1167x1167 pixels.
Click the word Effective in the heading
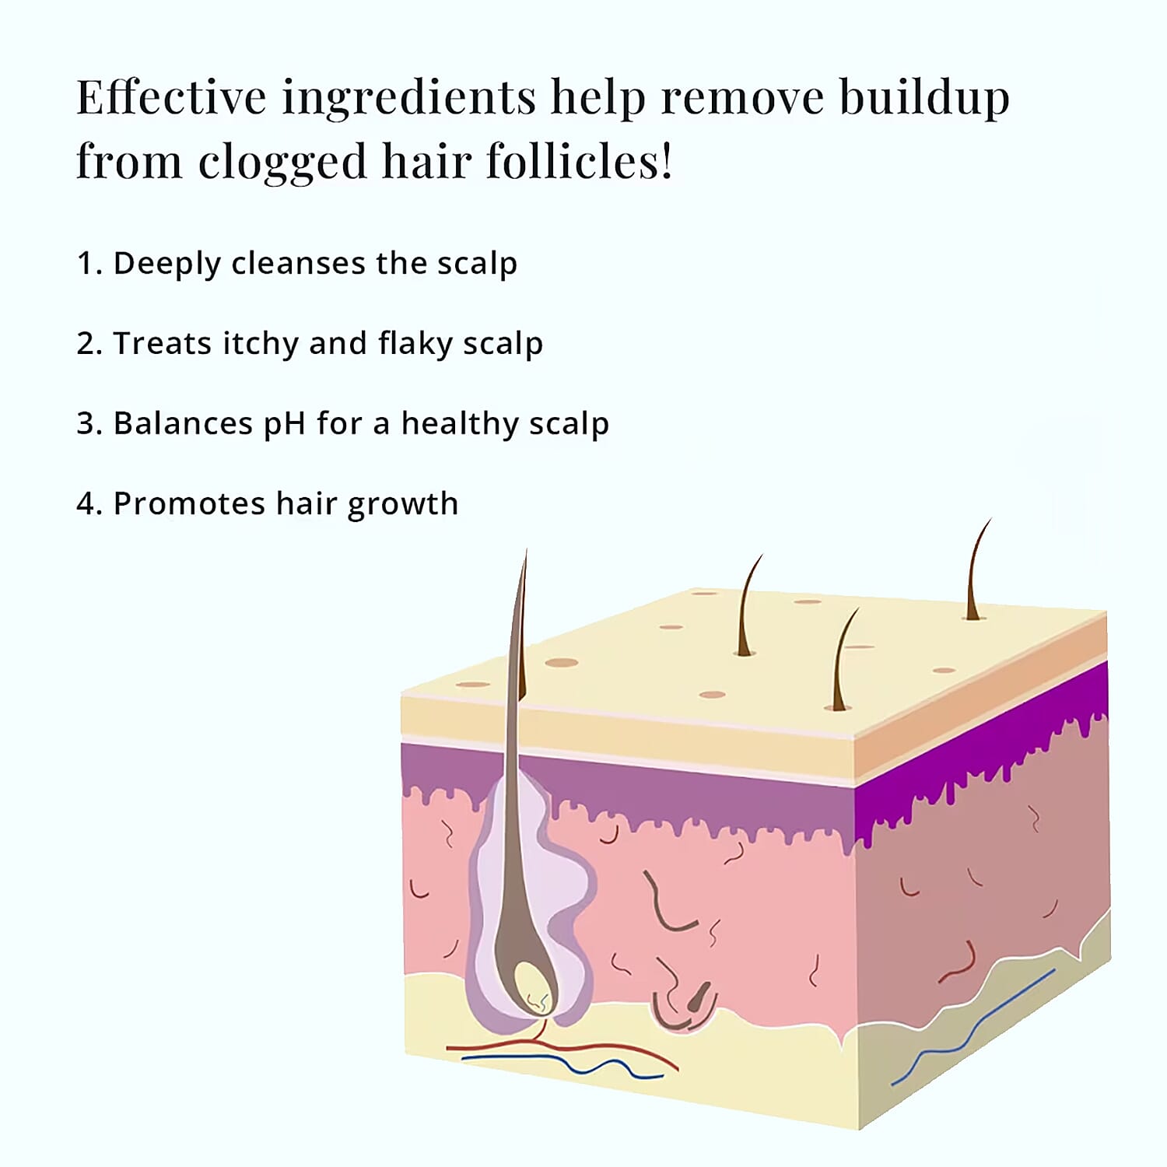[171, 97]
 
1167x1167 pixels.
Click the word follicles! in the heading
[580, 161]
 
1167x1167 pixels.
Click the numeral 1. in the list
[89, 264]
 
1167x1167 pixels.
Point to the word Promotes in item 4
[189, 504]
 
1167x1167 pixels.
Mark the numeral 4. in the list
[89, 504]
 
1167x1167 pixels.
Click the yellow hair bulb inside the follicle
[534, 987]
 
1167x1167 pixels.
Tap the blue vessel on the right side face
[973, 1027]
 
